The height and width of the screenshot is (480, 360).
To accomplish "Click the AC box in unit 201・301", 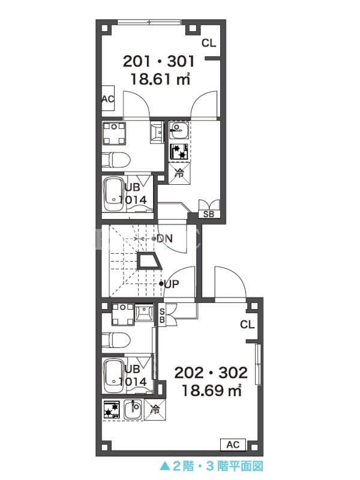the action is pyautogui.click(x=108, y=98).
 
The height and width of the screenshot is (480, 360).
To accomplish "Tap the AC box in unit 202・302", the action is pyautogui.click(x=233, y=445).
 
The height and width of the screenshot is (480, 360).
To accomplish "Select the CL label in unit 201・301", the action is pyautogui.click(x=209, y=43).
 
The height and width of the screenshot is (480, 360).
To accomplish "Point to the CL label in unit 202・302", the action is pyautogui.click(x=247, y=325).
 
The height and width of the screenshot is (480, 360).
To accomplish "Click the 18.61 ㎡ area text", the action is pyautogui.click(x=161, y=79).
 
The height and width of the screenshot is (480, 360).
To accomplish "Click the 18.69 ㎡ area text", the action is pyautogui.click(x=212, y=391).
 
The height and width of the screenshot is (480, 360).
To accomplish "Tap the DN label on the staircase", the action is pyautogui.click(x=164, y=238).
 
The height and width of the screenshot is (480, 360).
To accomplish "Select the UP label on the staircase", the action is pyautogui.click(x=172, y=284).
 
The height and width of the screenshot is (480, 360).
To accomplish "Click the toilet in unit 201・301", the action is pyautogui.click(x=116, y=160).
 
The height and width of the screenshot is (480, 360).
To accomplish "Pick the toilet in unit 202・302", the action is pyautogui.click(x=116, y=340).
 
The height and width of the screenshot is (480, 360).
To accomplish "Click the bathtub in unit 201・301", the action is pyautogui.click(x=114, y=194).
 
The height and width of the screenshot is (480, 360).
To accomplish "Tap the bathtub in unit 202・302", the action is pyautogui.click(x=114, y=376).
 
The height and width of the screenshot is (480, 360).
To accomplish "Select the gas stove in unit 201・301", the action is pyautogui.click(x=179, y=152).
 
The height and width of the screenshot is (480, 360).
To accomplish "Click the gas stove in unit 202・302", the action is pyautogui.click(x=112, y=410).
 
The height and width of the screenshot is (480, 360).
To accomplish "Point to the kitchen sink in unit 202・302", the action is pyautogui.click(x=133, y=410).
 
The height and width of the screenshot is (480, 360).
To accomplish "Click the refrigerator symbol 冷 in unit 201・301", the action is pyautogui.click(x=179, y=173).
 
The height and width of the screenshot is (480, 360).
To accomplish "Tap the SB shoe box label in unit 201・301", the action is pyautogui.click(x=209, y=214).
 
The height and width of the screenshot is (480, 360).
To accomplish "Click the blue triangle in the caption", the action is pyautogui.click(x=164, y=466).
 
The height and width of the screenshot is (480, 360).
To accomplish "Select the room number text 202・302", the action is pyautogui.click(x=211, y=373).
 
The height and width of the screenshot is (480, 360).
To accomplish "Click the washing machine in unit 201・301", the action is pyautogui.click(x=114, y=133).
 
